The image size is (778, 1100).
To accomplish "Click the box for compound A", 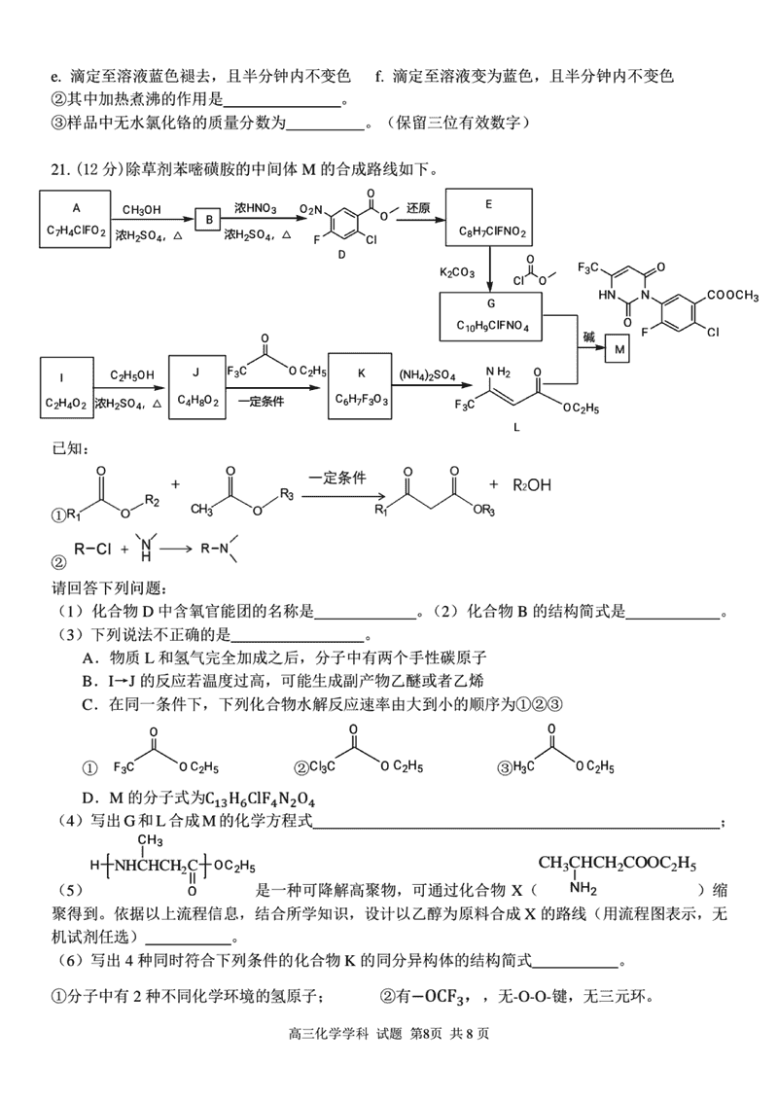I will pyautogui.click(x=76, y=220).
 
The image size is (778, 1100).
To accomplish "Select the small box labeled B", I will pyautogui.click(x=207, y=220).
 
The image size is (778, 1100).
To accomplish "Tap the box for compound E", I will pyautogui.click(x=490, y=219).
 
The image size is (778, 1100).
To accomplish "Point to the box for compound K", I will pyautogui.click(x=361, y=386).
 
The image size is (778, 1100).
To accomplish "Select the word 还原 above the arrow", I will pyautogui.click(x=418, y=208).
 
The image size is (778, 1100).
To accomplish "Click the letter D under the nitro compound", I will pyautogui.click(x=341, y=255).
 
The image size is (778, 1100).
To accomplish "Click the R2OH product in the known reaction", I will pyautogui.click(x=532, y=484).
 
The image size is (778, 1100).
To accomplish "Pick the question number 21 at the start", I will pyautogui.click(x=59, y=169).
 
